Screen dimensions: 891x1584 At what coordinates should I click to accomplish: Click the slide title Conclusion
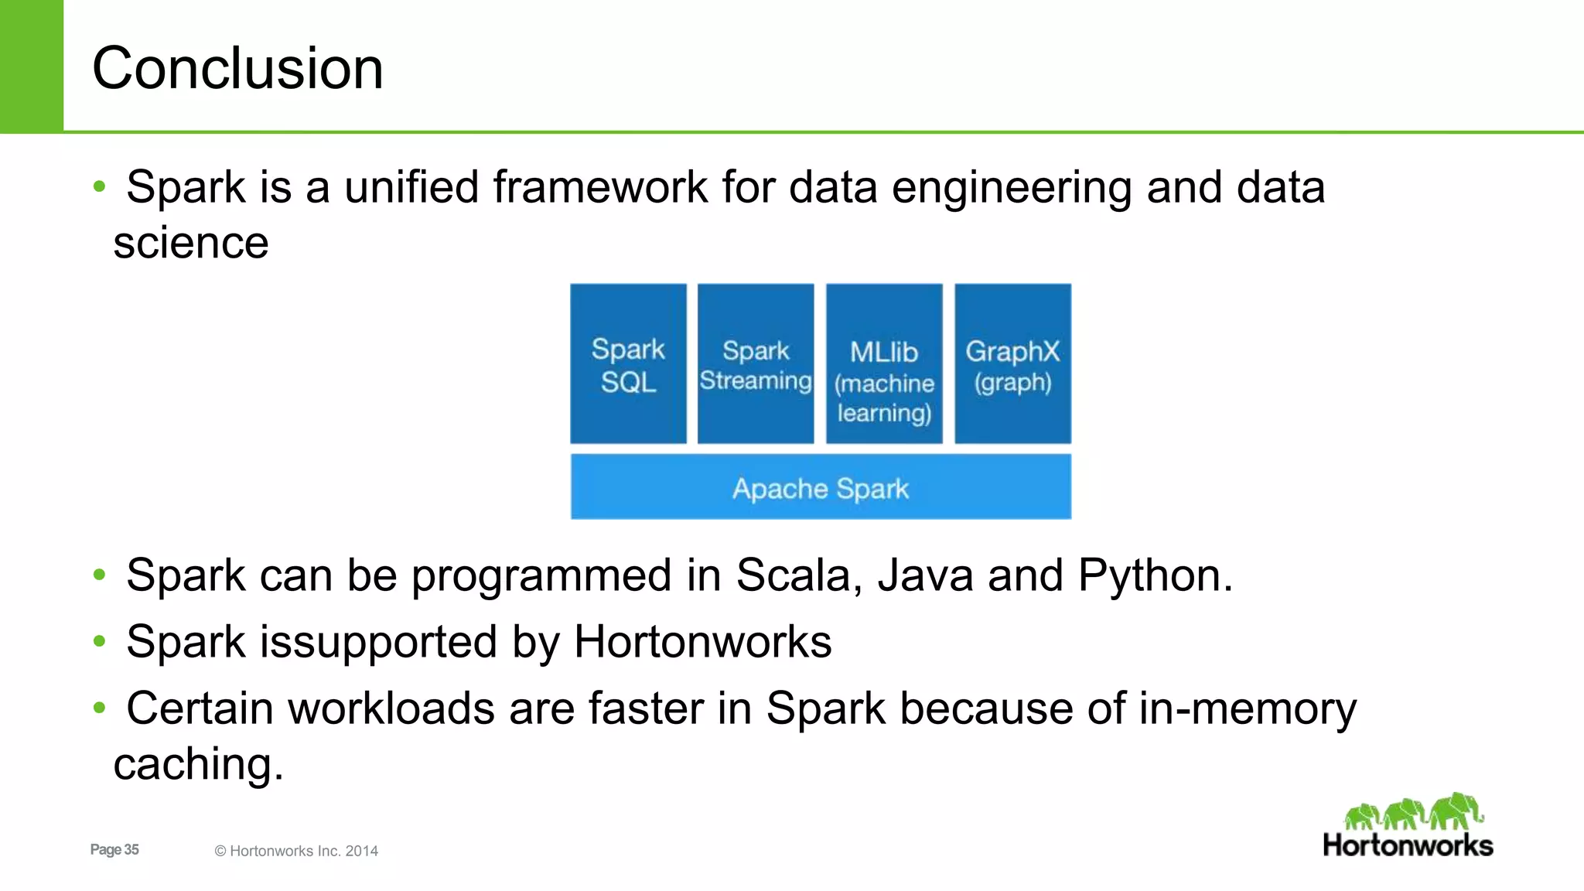(237, 68)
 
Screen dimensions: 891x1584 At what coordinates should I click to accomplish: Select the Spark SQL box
(628, 364)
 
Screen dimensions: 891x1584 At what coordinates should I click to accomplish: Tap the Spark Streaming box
(756, 364)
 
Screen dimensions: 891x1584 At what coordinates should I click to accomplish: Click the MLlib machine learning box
(884, 364)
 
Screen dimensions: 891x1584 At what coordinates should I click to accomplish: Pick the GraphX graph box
(1012, 364)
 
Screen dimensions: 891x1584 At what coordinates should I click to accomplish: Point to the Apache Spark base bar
(821, 487)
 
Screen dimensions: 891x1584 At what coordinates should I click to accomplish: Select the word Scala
(798, 576)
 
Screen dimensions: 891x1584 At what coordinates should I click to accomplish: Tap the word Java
(925, 576)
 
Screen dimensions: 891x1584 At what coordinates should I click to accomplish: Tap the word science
(191, 244)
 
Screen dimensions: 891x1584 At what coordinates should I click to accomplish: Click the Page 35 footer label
(114, 849)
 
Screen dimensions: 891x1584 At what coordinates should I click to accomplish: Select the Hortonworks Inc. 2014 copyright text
(297, 851)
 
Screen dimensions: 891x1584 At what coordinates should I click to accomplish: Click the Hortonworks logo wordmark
(1408, 845)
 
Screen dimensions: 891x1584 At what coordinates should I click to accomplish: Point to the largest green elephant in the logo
(1456, 811)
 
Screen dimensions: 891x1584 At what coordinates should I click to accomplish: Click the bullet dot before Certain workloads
(99, 708)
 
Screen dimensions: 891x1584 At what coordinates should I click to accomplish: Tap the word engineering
(1012, 188)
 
